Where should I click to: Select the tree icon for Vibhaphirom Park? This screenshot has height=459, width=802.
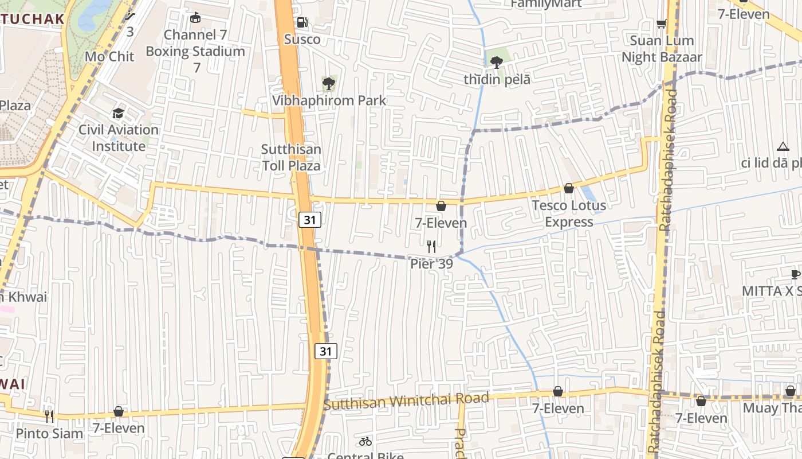coord(328,84)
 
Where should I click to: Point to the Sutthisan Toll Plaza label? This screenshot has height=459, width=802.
coord(291,157)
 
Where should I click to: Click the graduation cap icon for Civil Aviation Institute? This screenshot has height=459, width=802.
coord(119,113)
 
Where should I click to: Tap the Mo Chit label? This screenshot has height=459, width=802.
coord(109,56)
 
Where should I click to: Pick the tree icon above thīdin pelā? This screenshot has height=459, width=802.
coord(497,63)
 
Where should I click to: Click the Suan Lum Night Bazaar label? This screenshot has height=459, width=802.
coord(662,49)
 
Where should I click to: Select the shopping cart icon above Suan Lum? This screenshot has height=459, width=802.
coord(662,24)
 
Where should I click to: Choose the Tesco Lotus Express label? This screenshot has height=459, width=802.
coord(569,213)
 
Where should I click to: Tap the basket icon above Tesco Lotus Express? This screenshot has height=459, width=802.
coord(569,188)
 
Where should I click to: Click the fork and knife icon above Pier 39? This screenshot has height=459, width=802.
coord(431,247)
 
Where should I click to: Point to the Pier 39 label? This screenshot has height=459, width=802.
coord(431,264)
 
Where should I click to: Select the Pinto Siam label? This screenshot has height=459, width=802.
coord(49,433)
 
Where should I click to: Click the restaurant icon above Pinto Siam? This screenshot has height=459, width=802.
coord(49,416)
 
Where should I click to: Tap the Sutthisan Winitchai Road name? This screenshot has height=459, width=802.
coord(406,400)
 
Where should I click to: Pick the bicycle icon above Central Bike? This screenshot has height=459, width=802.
coord(365,441)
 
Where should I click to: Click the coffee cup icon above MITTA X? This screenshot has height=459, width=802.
coord(795,274)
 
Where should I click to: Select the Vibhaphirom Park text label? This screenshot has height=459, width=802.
coord(329,100)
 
